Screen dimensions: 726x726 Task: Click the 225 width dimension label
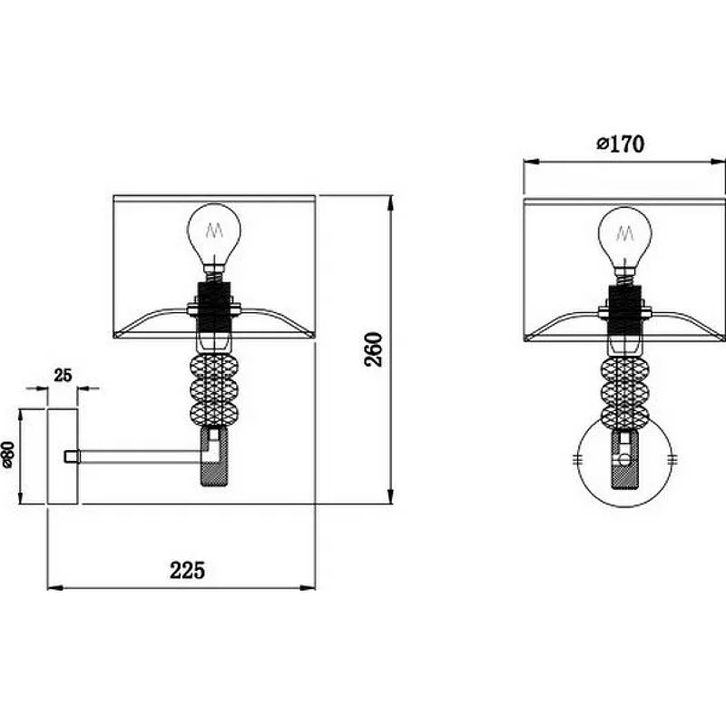point(187,570)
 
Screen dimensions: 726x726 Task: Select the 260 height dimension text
point(374,349)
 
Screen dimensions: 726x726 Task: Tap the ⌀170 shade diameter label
point(620,144)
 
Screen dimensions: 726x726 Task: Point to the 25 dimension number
point(63,375)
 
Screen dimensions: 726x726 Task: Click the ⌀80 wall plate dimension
point(8,456)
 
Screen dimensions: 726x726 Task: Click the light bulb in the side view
point(214,237)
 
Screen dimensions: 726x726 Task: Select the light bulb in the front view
point(624,240)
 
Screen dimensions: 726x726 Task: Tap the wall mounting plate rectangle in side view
point(63,456)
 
